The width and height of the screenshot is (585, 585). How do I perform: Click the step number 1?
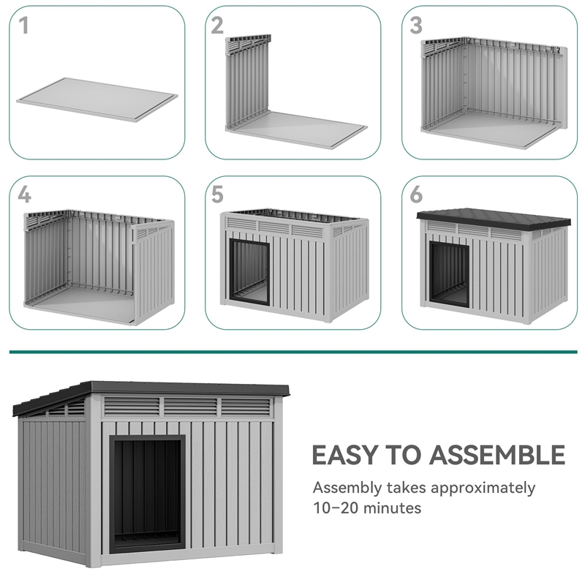tap(24, 26)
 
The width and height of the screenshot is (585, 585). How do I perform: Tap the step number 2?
tap(217, 26)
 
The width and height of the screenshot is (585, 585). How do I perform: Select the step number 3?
tap(416, 26)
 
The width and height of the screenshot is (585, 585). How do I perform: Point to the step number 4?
tap(25, 195)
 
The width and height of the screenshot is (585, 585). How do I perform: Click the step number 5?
tap(217, 195)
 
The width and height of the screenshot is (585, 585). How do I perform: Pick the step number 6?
tap(416, 195)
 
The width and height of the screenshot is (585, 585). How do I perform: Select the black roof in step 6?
tap(494, 218)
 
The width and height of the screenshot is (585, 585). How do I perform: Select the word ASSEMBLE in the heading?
tap(497, 455)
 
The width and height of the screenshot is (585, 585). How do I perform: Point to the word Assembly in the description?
tap(347, 488)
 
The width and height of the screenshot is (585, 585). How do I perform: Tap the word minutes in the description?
tap(394, 507)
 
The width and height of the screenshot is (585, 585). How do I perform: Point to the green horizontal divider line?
tap(292, 352)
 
